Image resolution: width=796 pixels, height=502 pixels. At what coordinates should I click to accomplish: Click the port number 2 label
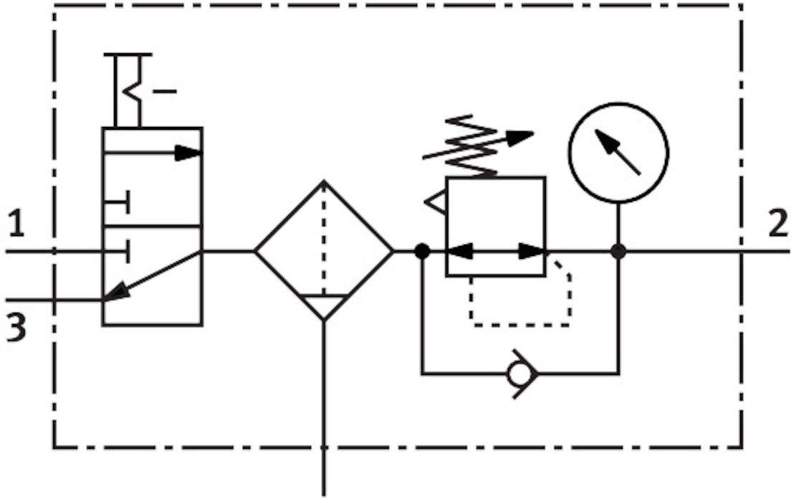tap(777, 225)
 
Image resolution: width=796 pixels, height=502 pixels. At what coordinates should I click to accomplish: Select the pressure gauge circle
tap(618, 152)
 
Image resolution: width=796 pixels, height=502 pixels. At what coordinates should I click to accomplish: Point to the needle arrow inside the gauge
tap(617, 151)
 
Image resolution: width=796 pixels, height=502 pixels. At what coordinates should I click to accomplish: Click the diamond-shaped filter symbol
tap(324, 250)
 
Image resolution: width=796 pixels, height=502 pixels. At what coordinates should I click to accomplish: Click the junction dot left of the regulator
tap(422, 251)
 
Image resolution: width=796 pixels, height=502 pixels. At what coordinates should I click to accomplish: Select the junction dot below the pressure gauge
tap(618, 252)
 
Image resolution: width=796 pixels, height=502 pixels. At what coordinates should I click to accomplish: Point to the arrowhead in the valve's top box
tap(189, 153)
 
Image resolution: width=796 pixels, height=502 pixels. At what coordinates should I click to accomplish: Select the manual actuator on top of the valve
tap(129, 90)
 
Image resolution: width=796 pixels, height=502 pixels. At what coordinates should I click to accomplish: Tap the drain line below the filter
tap(324, 409)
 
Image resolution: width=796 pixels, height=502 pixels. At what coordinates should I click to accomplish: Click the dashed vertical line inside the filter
tap(324, 237)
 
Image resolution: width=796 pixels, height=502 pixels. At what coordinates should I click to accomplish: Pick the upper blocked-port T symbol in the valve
tap(117, 202)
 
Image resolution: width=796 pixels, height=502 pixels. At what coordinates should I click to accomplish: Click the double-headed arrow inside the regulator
tap(495, 252)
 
